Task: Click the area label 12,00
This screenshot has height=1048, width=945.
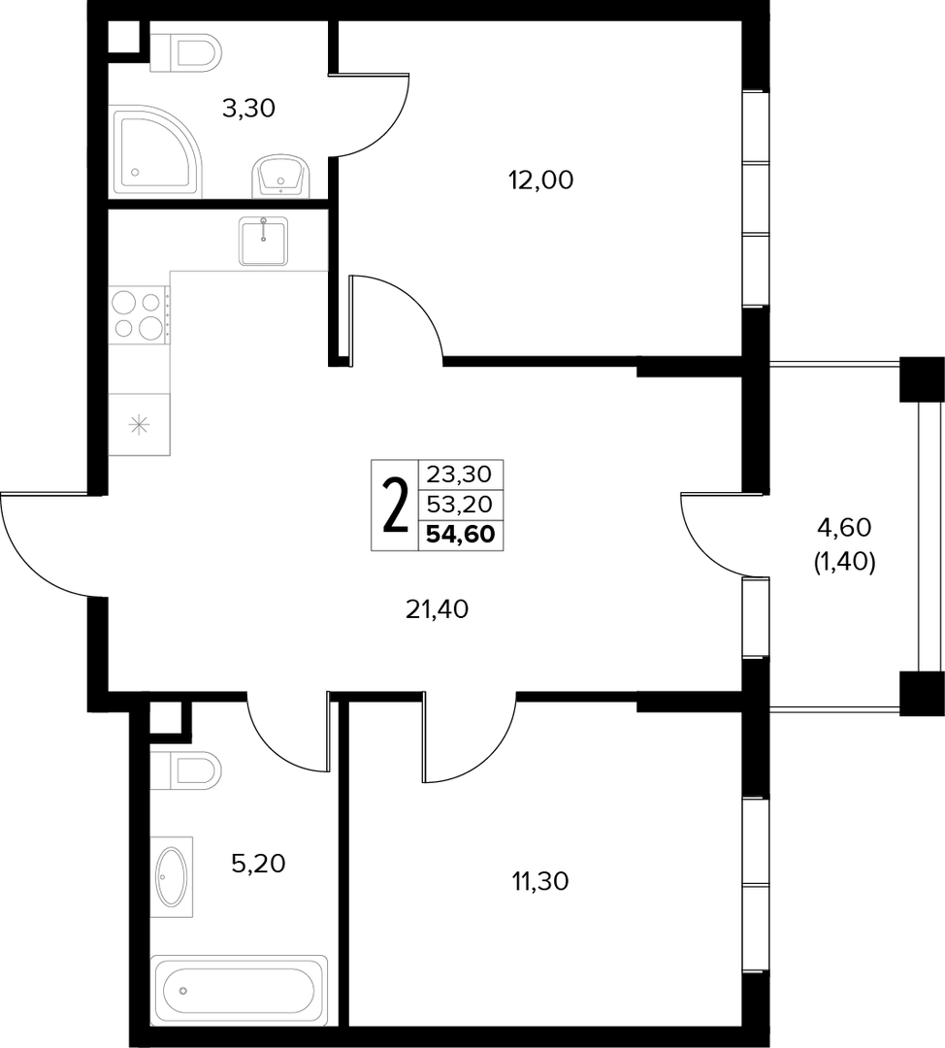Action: (x=540, y=180)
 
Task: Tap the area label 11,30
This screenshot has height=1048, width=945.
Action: (x=540, y=881)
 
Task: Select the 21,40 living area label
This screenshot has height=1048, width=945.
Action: (x=437, y=608)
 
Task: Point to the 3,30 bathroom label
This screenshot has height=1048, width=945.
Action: (x=248, y=108)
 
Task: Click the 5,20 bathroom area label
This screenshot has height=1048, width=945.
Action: (x=258, y=864)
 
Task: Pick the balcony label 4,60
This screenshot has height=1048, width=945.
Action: (x=844, y=527)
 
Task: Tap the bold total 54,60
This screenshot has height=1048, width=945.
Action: (x=461, y=534)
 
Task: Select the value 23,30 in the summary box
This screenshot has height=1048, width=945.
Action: (x=459, y=475)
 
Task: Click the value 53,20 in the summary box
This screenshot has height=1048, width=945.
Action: (x=459, y=504)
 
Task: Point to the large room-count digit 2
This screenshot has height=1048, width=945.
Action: (x=395, y=506)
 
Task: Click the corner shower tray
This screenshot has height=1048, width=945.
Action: (x=156, y=151)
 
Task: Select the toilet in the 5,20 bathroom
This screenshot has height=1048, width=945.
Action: (x=185, y=770)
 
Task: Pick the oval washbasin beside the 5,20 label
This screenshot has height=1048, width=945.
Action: (x=171, y=877)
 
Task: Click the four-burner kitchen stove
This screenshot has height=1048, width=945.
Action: (x=139, y=314)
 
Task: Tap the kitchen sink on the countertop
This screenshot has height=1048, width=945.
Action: (x=263, y=242)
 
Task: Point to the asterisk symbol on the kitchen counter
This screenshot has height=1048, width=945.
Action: (x=139, y=425)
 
